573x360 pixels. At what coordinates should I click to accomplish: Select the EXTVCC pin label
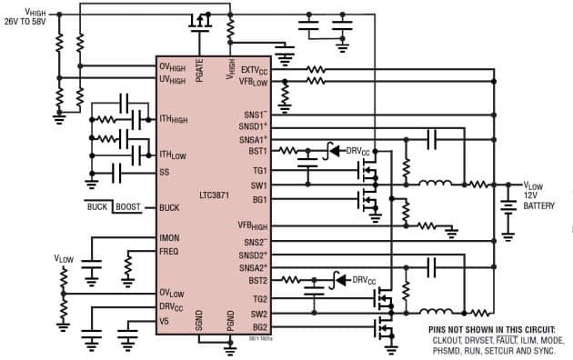point(254,69)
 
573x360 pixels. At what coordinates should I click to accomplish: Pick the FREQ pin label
point(169,251)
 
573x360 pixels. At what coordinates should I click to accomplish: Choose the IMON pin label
point(169,238)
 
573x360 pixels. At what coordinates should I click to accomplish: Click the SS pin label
point(164,172)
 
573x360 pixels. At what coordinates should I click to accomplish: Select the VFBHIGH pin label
point(253,224)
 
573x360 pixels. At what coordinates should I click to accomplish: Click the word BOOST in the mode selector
point(129,207)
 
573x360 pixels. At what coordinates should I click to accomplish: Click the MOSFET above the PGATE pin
point(200,19)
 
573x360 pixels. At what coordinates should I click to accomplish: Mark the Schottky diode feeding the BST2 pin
point(340,280)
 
